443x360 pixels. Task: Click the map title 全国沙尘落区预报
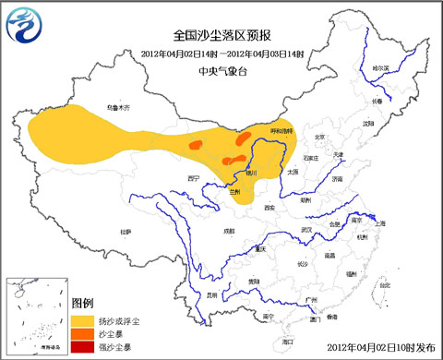pos(221,34)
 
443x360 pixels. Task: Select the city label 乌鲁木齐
pos(119,108)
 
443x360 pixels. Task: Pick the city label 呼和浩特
pos(280,131)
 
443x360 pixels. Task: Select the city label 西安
pos(269,208)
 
